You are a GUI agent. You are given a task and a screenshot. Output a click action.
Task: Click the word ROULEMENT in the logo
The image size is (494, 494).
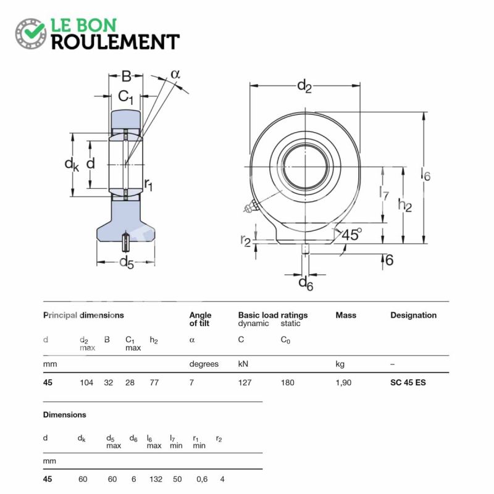(x=115, y=42)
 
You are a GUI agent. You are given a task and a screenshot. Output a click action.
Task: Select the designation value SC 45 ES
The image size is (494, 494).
(x=408, y=382)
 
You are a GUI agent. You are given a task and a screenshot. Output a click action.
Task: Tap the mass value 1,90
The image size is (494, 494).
(x=343, y=383)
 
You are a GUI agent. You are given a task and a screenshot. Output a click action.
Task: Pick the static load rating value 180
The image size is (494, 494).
(x=287, y=382)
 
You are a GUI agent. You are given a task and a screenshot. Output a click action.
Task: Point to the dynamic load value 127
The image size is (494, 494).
(x=245, y=382)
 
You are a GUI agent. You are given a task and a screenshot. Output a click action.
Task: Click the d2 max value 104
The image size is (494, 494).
(x=86, y=382)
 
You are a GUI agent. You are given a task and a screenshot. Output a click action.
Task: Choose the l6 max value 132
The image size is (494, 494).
(x=156, y=479)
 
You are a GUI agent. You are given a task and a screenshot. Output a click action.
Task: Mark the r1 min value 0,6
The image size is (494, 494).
(x=202, y=480)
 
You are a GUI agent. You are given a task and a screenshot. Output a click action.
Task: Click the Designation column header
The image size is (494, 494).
(x=413, y=315)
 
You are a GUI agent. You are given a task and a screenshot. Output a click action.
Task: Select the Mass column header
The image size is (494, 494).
(x=346, y=315)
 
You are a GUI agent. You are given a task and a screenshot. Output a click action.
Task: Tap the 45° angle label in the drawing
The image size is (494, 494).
(x=351, y=235)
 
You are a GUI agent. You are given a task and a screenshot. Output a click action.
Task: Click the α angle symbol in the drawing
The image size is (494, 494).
(x=175, y=74)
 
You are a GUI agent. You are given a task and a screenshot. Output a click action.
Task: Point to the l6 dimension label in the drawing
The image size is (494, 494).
(x=425, y=174)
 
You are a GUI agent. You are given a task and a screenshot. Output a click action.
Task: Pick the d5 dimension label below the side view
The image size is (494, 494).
(x=127, y=262)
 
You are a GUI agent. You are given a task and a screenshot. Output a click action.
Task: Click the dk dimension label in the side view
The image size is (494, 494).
(x=72, y=164)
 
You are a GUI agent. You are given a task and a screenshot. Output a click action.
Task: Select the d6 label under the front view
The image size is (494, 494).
(x=306, y=283)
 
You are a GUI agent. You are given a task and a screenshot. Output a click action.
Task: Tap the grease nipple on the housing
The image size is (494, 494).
(x=251, y=207)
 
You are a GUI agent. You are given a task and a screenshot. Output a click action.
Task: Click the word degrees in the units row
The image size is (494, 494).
(x=204, y=364)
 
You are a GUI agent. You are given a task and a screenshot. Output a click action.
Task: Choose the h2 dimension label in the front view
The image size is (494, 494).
(x=405, y=205)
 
